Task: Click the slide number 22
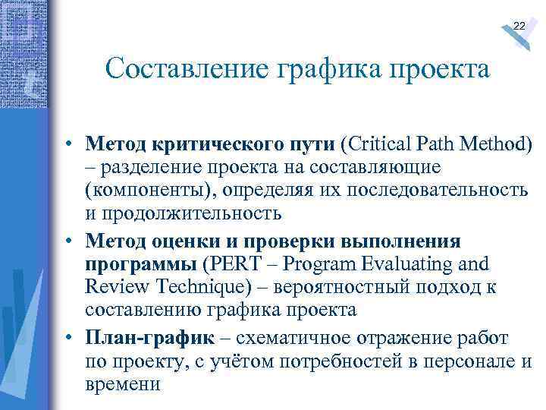pyautogui.click(x=519, y=27)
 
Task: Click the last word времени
pyautogui.click(x=123, y=383)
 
